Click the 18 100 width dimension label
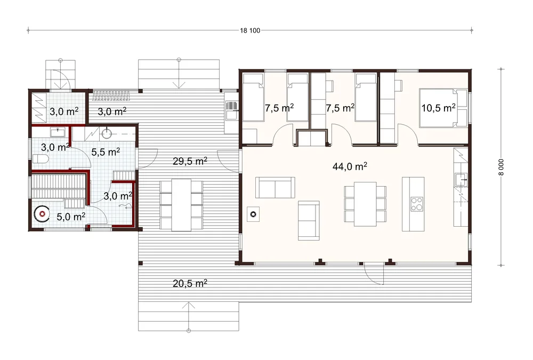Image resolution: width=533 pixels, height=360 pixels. pos(250,30)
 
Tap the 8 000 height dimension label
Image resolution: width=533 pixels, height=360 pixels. pos(502,167)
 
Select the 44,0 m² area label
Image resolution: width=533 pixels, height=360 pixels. pos(350,166)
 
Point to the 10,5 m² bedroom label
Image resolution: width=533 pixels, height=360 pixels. pos(438,108)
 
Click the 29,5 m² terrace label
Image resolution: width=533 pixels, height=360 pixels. pos(190,161)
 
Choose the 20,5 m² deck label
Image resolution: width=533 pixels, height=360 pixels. pos(190,283)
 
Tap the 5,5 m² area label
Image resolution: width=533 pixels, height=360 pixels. pos(106,152)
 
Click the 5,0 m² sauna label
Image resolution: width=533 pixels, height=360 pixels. pos(71,217)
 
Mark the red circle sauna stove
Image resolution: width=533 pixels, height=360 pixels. pos(42,214)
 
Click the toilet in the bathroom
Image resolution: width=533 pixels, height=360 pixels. pos(41,159)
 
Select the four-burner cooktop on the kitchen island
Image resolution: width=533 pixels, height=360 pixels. pos(417,204)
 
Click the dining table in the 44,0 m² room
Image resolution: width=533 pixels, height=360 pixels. pos(365,204)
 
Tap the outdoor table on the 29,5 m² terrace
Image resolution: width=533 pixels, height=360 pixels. pos(182,205)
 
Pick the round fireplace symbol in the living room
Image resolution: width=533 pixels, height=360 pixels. pos(253,214)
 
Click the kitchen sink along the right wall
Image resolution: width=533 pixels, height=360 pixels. pos(461,179)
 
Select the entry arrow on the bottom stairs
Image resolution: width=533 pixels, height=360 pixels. pos(189,316)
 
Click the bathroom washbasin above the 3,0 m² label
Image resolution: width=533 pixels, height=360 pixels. pos(58,132)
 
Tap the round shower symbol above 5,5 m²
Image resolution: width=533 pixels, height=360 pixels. pos(107,133)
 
